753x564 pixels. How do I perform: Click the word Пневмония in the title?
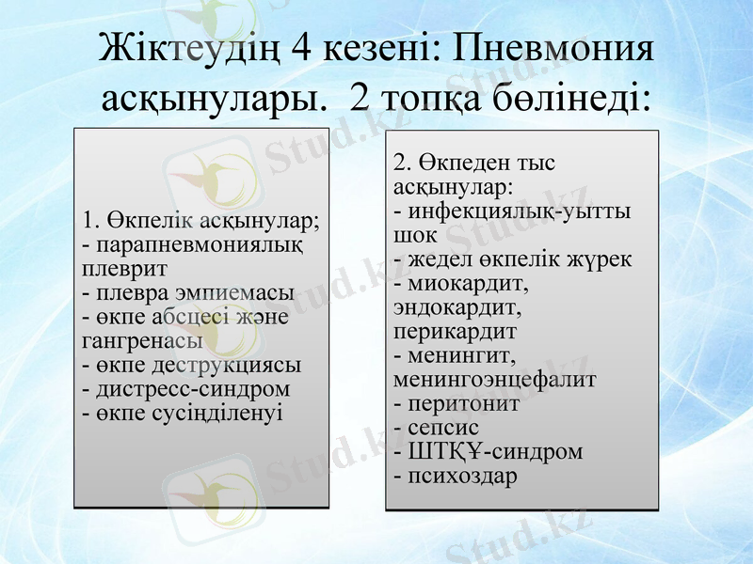tap(545, 50)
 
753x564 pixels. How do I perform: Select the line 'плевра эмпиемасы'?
tap(188, 292)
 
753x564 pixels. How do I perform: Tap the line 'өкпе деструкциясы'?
tap(192, 365)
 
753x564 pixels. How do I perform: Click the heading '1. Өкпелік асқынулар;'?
tap(201, 221)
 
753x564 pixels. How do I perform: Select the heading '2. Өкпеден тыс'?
tap(474, 163)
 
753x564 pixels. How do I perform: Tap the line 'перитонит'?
tap(457, 403)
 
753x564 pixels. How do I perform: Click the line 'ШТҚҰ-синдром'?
tap(489, 451)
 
